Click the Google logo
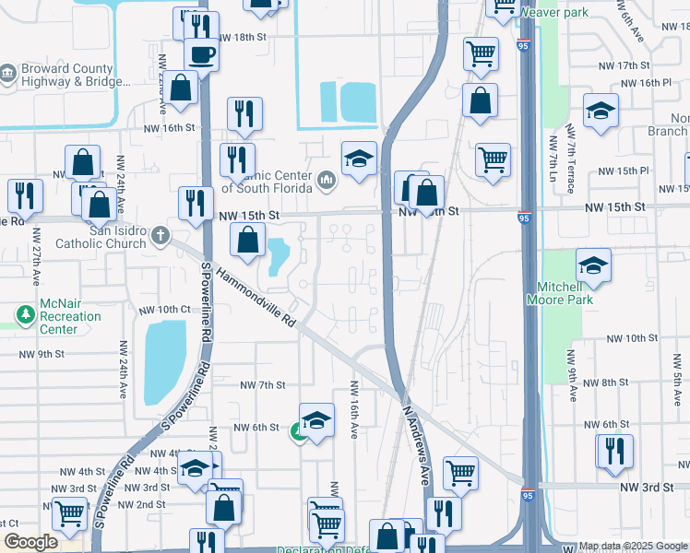pyautogui.click(x=30, y=543)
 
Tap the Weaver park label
pyautogui.click(x=553, y=12)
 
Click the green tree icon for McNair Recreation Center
pyautogui.click(x=25, y=316)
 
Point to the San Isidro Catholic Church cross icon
pyautogui.click(x=160, y=235)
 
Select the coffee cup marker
pyautogui.click(x=201, y=53)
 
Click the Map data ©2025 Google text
pyautogui.click(x=633, y=546)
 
